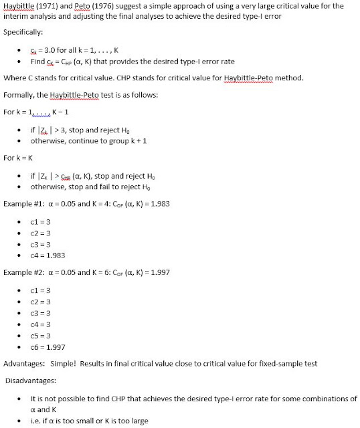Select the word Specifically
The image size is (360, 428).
point(23,31)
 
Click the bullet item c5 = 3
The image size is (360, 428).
point(43,334)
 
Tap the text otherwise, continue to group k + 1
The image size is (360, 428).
point(83,141)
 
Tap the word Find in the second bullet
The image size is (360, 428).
point(38,61)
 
